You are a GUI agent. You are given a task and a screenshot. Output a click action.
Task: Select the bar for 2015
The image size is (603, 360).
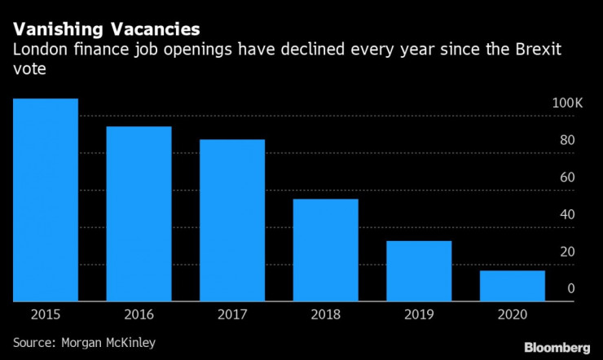pyautogui.click(x=45, y=200)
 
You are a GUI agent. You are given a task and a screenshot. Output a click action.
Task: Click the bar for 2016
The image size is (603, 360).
pyautogui.click(x=139, y=213)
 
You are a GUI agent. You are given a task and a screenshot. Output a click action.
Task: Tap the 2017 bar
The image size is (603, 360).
pyautogui.click(x=232, y=220)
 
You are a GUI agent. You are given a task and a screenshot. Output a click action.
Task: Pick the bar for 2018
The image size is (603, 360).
pyautogui.click(x=326, y=250)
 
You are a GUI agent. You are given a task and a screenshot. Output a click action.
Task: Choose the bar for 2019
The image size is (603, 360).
pyautogui.click(x=420, y=270)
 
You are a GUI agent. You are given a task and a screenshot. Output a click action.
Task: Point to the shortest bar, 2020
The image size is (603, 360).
pyautogui.click(x=513, y=285)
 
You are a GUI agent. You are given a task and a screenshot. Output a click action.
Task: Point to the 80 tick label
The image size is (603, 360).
pyautogui.click(x=567, y=141)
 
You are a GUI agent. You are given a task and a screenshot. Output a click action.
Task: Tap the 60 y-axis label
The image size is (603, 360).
pyautogui.click(x=567, y=178)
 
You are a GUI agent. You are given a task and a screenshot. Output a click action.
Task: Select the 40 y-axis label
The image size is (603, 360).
pyautogui.click(x=567, y=214)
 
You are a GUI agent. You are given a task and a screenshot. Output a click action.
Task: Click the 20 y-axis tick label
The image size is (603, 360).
pyautogui.click(x=567, y=251)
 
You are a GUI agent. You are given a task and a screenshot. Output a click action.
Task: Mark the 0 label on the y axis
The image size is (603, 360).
pyautogui.click(x=571, y=288)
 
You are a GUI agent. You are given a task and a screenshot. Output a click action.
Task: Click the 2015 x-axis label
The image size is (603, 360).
pyautogui.click(x=45, y=314)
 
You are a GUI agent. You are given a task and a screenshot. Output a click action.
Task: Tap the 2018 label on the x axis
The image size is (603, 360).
pyautogui.click(x=326, y=314)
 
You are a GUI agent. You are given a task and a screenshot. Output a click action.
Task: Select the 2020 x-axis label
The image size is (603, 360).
pyautogui.click(x=513, y=314)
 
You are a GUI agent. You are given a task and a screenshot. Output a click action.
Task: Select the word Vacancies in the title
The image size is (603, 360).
pyautogui.click(x=152, y=30)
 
